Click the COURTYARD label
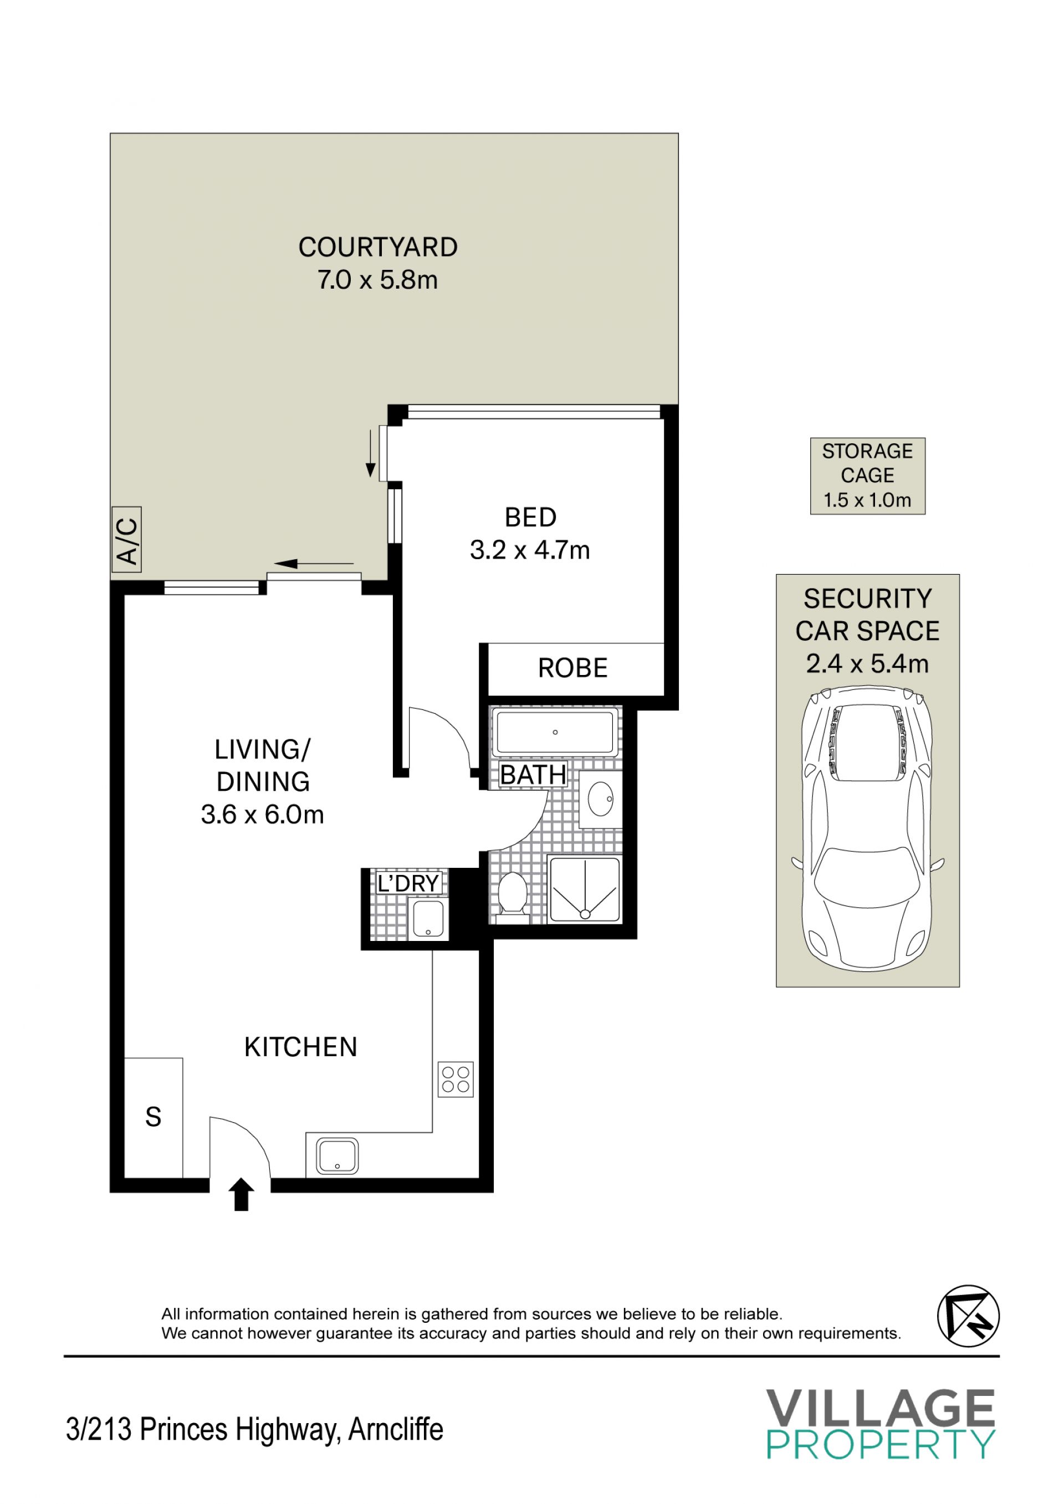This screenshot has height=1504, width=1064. tap(378, 248)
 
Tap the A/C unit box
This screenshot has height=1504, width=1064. tap(126, 540)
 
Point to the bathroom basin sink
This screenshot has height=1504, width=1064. tap(600, 799)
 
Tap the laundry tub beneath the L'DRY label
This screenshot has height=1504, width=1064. tap(428, 918)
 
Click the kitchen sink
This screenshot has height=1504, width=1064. tap(337, 1155)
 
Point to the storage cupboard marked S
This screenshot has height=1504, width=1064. tap(154, 1117)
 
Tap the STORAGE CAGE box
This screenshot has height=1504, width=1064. tap(867, 475)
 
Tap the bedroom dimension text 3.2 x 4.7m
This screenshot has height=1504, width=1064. tap(530, 550)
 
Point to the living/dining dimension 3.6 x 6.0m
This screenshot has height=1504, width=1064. tap(263, 815)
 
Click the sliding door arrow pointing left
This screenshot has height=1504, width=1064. tap(314, 564)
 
